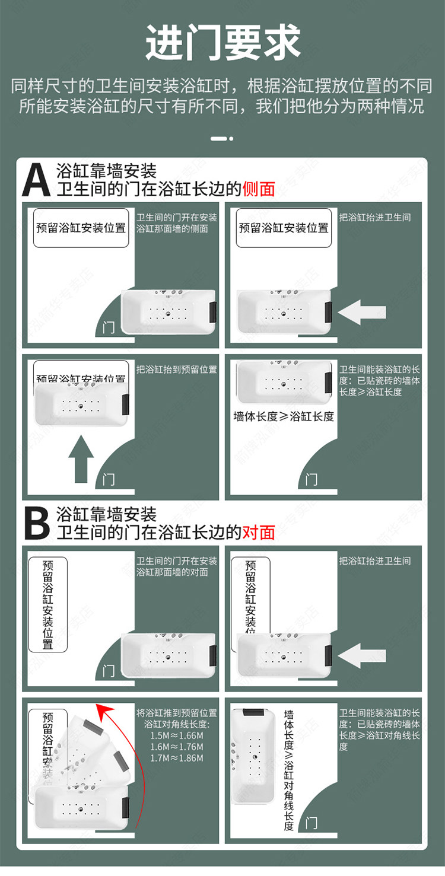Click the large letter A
[36, 180]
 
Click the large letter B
[36, 523]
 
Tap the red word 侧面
[259, 189]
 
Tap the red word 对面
[259, 532]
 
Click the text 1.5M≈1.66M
[177, 736]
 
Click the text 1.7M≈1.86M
[177, 758]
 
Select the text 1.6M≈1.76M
[177, 747]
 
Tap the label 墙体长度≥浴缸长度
[284, 416]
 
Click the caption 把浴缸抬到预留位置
[177, 369]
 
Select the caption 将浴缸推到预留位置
[177, 713]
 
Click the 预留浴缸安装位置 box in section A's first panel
[81, 228]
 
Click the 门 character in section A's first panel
[108, 326]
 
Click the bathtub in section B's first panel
[169, 656]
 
